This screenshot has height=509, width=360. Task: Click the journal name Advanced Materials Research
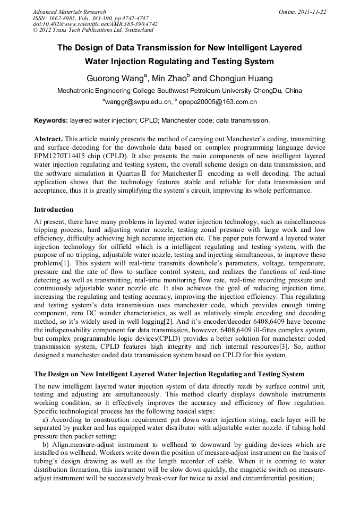pos(69,12)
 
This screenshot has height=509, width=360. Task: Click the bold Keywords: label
pos(51,120)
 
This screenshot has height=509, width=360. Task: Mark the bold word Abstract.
pos(48,139)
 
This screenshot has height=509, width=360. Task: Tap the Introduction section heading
pos(54,210)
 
